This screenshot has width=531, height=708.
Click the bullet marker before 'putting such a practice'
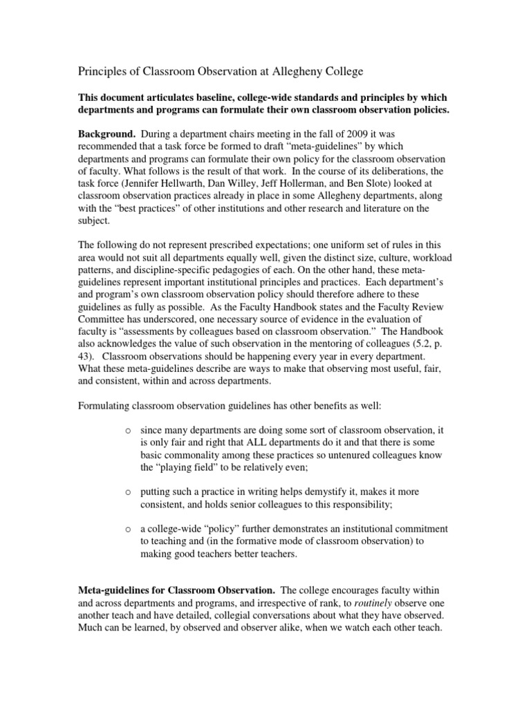(128, 492)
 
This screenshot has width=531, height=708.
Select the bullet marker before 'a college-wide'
(128, 529)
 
